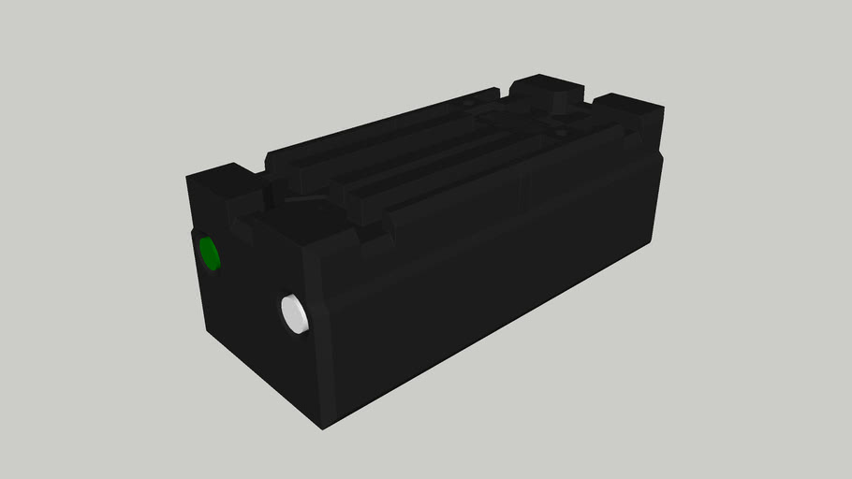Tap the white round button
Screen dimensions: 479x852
[295, 313]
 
